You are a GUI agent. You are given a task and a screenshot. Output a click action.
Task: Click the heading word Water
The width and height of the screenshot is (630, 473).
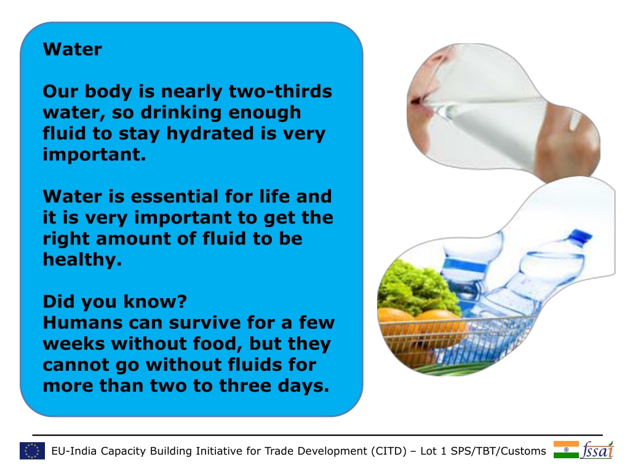tap(73, 49)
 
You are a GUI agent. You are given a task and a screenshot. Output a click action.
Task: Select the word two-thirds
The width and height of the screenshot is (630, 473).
tap(281, 91)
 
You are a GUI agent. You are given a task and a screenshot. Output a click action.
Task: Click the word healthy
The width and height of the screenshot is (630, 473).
tap(82, 260)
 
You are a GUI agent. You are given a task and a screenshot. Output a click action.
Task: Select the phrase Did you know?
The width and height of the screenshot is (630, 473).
tap(115, 302)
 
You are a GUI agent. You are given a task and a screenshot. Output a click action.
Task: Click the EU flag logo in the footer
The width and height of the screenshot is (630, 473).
tap(32, 451)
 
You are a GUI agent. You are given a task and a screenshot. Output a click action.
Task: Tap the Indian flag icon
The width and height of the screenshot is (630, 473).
tap(566, 450)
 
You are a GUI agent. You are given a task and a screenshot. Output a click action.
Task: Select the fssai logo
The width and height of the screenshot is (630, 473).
tap(597, 450)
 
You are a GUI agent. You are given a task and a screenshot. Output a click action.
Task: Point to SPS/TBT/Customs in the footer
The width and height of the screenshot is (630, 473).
tap(498, 451)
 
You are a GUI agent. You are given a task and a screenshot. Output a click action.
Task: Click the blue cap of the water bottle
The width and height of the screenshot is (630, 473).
tap(581, 236)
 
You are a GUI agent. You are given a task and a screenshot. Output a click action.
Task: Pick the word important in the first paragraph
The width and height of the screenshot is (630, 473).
tap(94, 155)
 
